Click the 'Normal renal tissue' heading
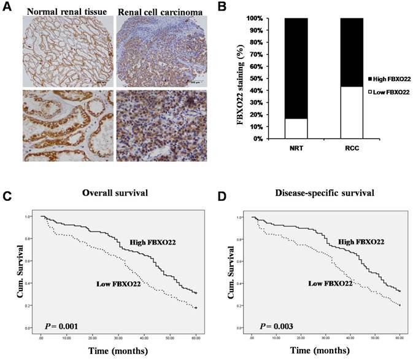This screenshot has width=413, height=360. pos(60,10)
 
